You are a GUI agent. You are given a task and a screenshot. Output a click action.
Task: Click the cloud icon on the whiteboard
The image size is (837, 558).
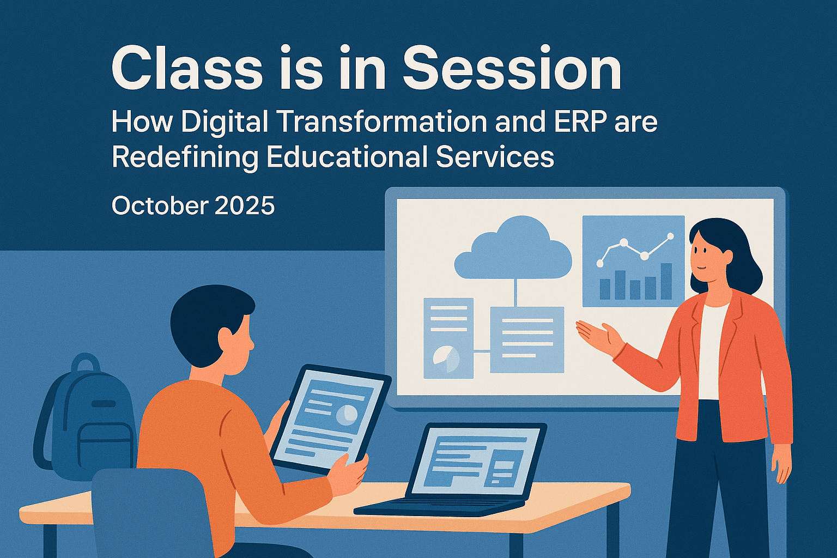click(513, 250)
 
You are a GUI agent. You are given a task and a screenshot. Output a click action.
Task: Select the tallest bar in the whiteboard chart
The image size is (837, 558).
click(666, 281)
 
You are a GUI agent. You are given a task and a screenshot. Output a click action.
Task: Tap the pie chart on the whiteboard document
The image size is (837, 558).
click(446, 359)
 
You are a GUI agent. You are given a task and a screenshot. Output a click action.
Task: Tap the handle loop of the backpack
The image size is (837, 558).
click(86, 362)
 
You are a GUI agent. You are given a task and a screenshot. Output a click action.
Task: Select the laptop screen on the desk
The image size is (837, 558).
click(475, 460)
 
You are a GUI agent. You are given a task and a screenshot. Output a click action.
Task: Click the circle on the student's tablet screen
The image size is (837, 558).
click(347, 414)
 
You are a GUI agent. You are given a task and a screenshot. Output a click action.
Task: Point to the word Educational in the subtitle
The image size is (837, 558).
click(347, 157)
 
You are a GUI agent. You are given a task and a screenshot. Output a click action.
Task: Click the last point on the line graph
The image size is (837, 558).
click(670, 236)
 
